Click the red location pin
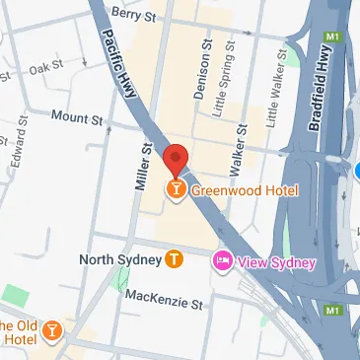pyautogui.click(x=176, y=159)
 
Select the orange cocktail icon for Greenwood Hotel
pyautogui.click(x=176, y=188)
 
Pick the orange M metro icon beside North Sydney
pyautogui.click(x=175, y=259)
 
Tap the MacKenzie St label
pyautogui.click(x=166, y=297)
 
